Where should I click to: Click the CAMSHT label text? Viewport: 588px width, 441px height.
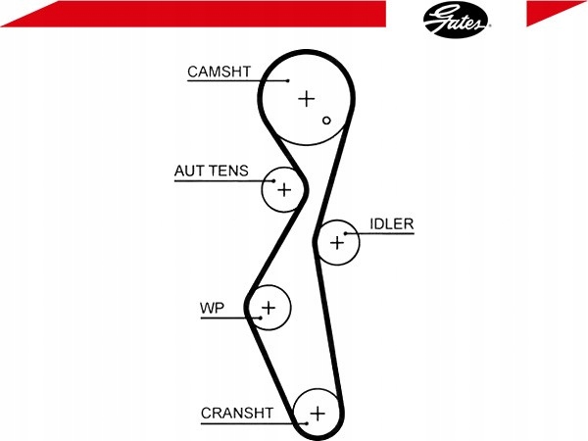[220, 71]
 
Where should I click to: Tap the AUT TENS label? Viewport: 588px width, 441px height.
[212, 171]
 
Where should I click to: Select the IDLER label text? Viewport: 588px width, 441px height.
[392, 223]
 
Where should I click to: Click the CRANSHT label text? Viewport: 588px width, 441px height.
[236, 413]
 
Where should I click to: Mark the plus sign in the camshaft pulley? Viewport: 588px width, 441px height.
[307, 98]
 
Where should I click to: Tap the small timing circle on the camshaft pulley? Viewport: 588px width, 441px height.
[328, 122]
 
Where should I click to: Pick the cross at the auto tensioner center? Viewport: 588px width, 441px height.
[284, 189]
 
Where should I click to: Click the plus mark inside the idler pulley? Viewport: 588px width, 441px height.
[338, 241]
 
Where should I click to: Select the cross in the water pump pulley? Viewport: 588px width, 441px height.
[269, 309]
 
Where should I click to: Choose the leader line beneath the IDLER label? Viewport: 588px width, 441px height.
[387, 233]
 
